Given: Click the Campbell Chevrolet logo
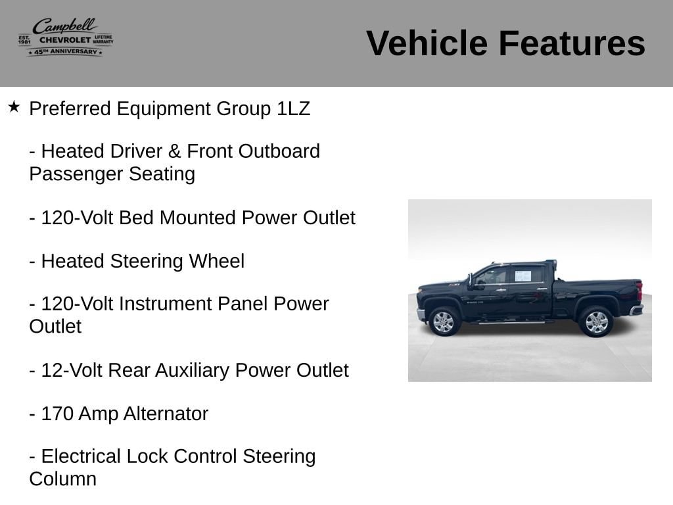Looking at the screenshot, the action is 66,37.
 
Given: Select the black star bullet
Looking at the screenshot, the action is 14,107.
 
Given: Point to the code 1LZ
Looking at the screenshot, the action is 293,108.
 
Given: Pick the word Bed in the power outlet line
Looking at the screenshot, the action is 136,218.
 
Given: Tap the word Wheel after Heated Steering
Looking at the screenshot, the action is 217,261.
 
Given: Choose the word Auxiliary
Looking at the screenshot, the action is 192,371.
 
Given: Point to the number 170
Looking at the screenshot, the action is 57,414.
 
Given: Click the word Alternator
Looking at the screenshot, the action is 166,414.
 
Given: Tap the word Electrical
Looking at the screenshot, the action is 81,456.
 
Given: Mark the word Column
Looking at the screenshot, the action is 62,479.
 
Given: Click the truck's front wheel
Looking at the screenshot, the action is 444,321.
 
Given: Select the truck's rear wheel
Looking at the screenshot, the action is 596,322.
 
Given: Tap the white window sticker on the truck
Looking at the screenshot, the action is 522,276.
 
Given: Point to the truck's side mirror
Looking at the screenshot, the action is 471,280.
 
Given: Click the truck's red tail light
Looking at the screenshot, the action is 639,291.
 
